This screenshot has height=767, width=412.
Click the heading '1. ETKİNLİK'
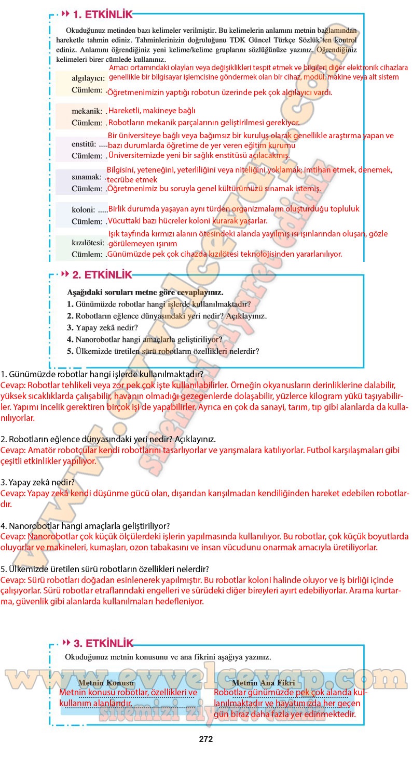tap(103, 15)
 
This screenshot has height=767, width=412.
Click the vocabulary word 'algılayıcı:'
tap(88, 78)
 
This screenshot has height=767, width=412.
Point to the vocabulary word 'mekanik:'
tap(87, 111)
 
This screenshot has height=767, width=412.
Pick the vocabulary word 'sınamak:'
tap(86, 177)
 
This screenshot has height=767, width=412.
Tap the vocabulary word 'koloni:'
tap(84, 209)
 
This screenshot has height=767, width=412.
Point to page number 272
tap(206, 739)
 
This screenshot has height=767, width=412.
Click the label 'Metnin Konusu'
tap(105, 683)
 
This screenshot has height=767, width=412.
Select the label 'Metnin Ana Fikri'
tap(263, 683)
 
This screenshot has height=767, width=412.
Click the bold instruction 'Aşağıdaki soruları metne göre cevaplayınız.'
tap(145, 292)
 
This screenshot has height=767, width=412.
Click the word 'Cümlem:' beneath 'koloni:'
tap(87, 221)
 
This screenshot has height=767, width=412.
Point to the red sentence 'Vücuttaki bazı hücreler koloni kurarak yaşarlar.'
tap(187, 221)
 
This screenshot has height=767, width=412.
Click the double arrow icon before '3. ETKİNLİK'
tap(65, 643)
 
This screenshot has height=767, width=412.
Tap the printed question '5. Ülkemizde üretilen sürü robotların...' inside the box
tap(163, 351)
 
